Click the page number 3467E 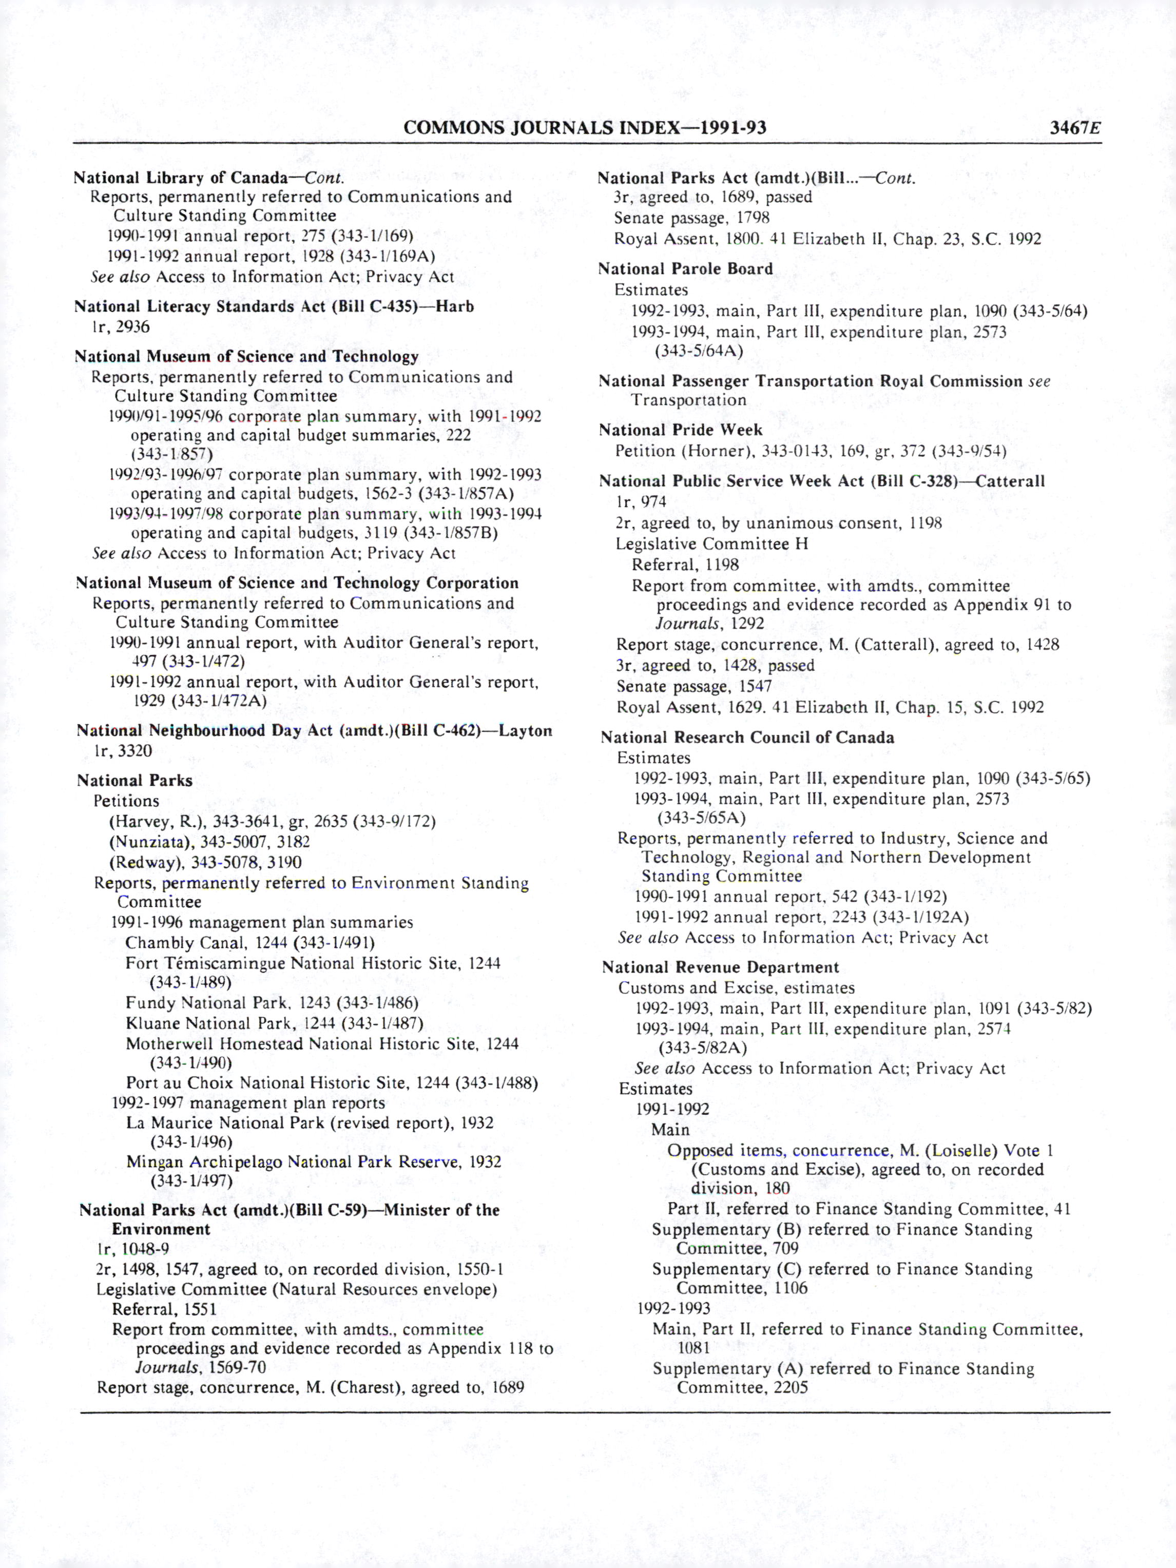click(x=1075, y=128)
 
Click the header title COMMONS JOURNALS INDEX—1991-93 click(x=584, y=128)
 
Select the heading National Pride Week click(x=680, y=430)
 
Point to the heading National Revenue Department click(x=720, y=967)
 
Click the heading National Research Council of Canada click(x=747, y=738)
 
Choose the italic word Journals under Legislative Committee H click(x=687, y=624)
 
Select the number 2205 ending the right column click(x=791, y=1387)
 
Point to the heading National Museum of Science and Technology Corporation click(x=297, y=584)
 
